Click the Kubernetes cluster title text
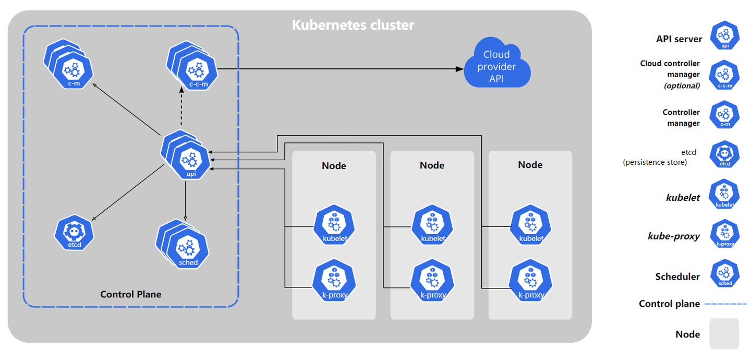[x=353, y=25]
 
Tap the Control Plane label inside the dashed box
[x=130, y=294]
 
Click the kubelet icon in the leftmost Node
[x=334, y=226]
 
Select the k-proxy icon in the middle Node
[x=432, y=282]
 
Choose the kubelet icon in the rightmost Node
[x=530, y=226]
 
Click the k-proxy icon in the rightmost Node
[x=530, y=282]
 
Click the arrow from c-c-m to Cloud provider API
[x=339, y=69]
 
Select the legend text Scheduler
[x=677, y=277]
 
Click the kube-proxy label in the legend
[x=673, y=236]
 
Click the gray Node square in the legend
[x=724, y=333]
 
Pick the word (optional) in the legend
[x=681, y=86]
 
